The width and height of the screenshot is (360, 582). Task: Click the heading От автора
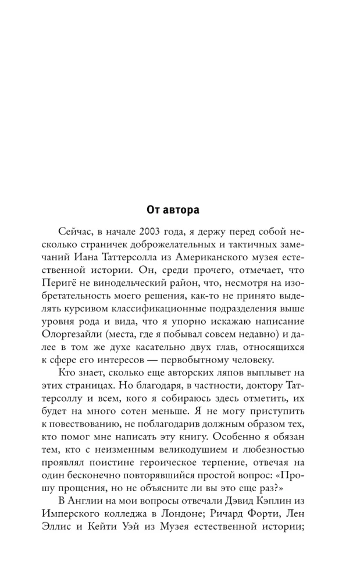(x=180, y=208)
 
